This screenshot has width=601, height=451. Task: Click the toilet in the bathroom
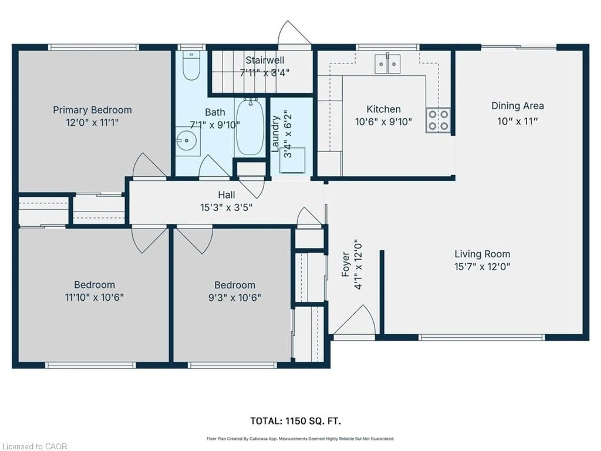(191, 65)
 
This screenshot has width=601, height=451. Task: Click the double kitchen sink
(388, 64)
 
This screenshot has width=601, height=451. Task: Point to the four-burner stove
(438, 120)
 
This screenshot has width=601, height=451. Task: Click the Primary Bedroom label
(92, 110)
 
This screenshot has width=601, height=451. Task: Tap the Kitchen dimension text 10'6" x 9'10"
(383, 122)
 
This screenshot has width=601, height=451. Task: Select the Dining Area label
(518, 106)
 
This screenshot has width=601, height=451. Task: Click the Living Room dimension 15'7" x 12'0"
(482, 267)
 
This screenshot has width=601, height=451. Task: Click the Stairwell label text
(265, 60)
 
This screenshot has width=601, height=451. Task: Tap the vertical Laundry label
(275, 134)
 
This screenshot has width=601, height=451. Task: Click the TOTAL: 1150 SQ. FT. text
(296, 421)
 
